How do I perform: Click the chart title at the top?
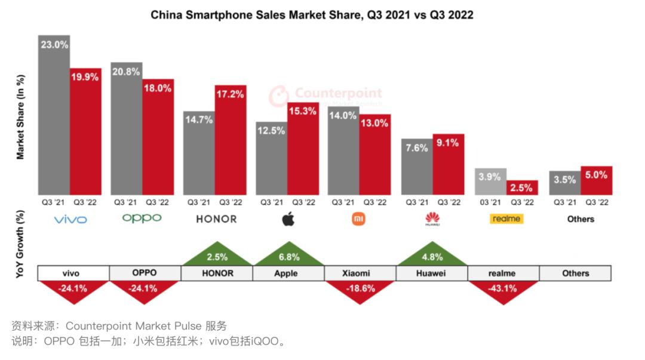pyautogui.click(x=311, y=15)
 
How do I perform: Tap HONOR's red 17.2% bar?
pyautogui.click(x=231, y=140)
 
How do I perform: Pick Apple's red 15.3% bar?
pyautogui.click(x=303, y=149)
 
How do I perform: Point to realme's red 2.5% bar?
pyautogui.click(x=522, y=187)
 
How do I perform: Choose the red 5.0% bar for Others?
pyautogui.click(x=597, y=180)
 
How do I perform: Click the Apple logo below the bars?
pyautogui.click(x=288, y=219)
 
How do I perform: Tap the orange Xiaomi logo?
pyautogui.click(x=359, y=219)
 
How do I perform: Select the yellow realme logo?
pyautogui.click(x=506, y=219)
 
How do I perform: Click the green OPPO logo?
pyautogui.click(x=142, y=219)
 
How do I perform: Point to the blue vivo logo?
pyautogui.click(x=70, y=220)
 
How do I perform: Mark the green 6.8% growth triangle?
pyautogui.click(x=288, y=255)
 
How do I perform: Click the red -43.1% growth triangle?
pyautogui.click(x=503, y=290)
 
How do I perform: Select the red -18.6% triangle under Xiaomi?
pyautogui.click(x=360, y=290)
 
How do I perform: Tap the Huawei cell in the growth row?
pyautogui.click(x=432, y=273)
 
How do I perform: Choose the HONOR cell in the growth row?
pyautogui.click(x=217, y=273)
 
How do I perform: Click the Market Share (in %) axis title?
pyautogui.click(x=20, y=117)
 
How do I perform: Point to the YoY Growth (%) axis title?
pyautogui.click(x=20, y=245)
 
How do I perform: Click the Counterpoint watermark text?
pyautogui.click(x=338, y=93)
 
